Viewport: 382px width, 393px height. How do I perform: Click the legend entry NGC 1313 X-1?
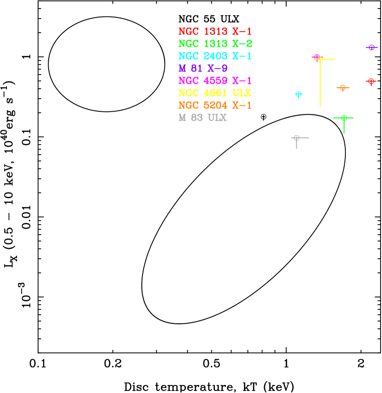(x=215, y=32)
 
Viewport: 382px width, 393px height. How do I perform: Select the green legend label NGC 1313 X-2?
(x=215, y=44)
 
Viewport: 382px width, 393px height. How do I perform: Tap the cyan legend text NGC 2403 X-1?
(x=215, y=56)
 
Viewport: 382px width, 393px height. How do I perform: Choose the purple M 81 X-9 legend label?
(x=203, y=69)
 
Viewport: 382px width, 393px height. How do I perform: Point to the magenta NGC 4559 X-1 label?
(x=215, y=81)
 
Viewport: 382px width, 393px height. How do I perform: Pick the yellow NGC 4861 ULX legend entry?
(x=215, y=93)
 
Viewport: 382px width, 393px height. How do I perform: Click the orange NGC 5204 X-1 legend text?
(x=215, y=105)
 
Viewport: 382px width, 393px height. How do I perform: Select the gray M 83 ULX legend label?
(x=202, y=118)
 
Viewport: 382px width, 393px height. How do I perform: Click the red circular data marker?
(x=371, y=81)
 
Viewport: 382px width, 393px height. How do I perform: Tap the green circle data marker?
(x=344, y=118)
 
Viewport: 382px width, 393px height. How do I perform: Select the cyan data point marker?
(x=299, y=94)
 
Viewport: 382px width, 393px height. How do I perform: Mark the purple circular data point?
(x=371, y=48)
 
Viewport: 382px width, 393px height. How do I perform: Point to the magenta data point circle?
(x=317, y=57)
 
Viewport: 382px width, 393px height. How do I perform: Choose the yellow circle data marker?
(x=320, y=59)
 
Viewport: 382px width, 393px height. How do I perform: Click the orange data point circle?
(x=343, y=88)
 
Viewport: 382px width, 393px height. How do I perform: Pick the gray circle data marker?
(x=297, y=138)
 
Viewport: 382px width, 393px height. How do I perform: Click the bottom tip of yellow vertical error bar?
(x=320, y=106)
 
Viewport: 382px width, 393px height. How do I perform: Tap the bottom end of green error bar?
(x=344, y=133)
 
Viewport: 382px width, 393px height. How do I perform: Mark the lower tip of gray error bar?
(x=297, y=149)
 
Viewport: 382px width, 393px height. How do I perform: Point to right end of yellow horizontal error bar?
(x=335, y=59)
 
